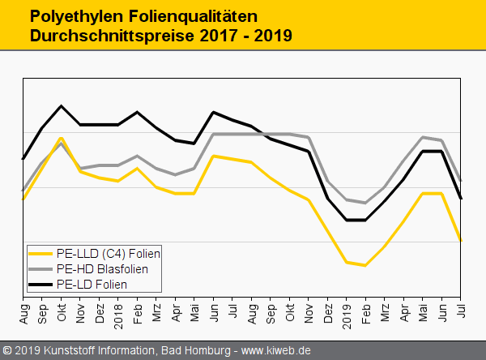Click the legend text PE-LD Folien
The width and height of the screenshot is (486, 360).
[x=92, y=285]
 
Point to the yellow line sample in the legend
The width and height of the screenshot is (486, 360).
[x=41, y=254]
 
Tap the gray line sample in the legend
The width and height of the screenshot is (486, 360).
[x=41, y=269]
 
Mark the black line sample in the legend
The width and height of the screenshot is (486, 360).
[x=41, y=285]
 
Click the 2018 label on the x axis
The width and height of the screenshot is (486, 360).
[x=118, y=311]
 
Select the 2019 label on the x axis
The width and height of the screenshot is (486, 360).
[x=347, y=311]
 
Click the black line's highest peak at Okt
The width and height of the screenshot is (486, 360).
[x=61, y=106]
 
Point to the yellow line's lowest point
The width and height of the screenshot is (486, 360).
[x=365, y=265]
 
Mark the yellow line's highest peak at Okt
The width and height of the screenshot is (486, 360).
[x=61, y=139]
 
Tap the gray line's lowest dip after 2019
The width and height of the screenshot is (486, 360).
[x=365, y=203]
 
